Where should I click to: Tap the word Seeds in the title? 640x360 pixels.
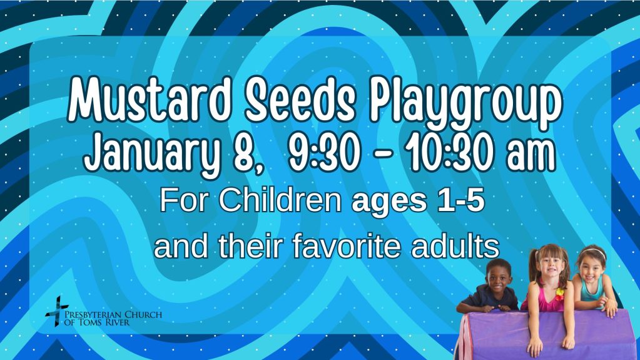pyautogui.click(x=300, y=99)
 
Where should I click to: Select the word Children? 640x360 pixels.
pyautogui.click(x=280, y=200)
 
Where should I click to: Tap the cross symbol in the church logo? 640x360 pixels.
pyautogui.click(x=56, y=311)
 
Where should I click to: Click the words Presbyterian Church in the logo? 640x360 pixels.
pyautogui.click(x=113, y=315)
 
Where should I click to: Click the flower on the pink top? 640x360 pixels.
pyautogui.click(x=559, y=294)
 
